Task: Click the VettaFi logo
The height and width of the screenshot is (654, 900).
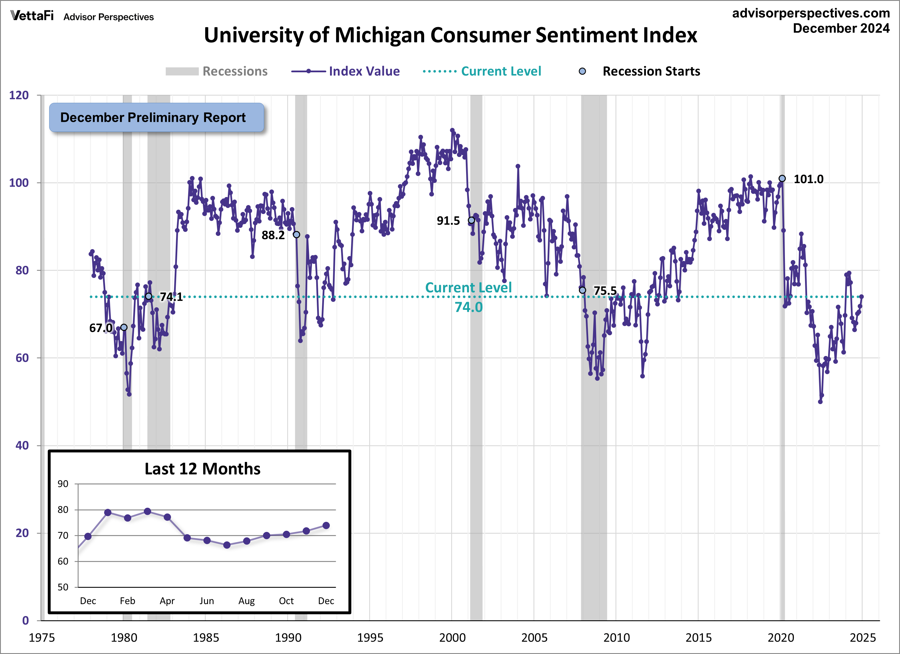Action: click(32, 16)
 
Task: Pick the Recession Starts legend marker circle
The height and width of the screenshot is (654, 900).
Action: click(582, 71)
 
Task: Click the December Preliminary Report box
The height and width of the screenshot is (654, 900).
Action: click(156, 117)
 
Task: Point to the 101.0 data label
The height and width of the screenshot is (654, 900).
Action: click(808, 179)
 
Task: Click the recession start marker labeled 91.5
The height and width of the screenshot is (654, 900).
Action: click(471, 220)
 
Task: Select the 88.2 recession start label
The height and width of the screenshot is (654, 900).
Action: click(273, 236)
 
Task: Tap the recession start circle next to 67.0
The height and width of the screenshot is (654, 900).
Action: click(124, 327)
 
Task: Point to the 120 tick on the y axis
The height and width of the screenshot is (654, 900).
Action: click(19, 95)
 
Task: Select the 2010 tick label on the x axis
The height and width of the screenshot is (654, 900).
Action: click(616, 638)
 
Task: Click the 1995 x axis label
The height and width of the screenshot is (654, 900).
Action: click(370, 638)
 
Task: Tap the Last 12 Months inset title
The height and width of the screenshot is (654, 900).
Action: click(202, 469)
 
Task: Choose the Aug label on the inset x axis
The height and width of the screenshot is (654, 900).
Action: click(246, 601)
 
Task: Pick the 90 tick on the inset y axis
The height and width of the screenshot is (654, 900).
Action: click(63, 484)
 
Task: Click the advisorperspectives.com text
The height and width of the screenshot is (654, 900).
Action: click(811, 13)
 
